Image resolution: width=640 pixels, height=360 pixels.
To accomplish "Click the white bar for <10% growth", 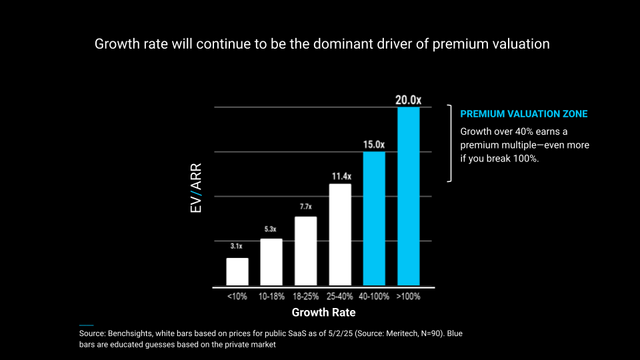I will coord(237,271).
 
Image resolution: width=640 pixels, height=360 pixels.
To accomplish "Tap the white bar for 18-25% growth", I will coord(305,251).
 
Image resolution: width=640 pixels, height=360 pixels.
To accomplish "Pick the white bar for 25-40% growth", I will coord(340,235).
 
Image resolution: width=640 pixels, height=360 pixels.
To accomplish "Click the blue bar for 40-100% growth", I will coord(374,219).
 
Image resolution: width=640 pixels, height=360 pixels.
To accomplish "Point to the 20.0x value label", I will coord(408,100).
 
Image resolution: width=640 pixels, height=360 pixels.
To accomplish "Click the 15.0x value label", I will coord(374,144).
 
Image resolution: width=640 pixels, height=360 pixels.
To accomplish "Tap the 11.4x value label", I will coord(340,177).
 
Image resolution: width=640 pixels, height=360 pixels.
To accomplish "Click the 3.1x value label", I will coord(237,247).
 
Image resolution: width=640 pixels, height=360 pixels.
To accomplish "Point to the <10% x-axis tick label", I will coord(237,296).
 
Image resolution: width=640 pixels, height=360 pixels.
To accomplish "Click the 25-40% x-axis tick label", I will coord(340,296).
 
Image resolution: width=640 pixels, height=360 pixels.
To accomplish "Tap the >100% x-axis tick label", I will coord(408,296).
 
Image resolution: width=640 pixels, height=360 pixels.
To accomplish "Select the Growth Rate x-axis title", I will coord(323,312).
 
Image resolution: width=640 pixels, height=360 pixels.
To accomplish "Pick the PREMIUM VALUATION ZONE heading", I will coord(524,114).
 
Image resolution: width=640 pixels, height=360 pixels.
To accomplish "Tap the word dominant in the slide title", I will coord(351,45).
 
